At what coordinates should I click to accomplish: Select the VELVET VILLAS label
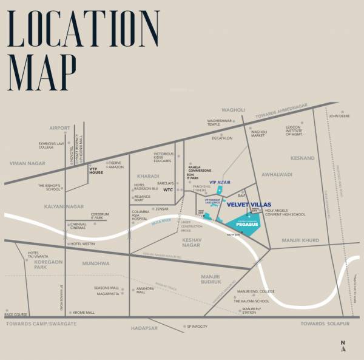click(x=249, y=205)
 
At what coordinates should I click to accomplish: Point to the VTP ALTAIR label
click(x=221, y=182)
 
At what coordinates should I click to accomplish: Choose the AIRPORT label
click(x=60, y=128)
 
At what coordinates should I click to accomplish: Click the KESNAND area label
click(x=303, y=158)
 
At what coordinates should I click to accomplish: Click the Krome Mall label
click(x=84, y=313)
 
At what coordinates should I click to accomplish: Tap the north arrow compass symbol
click(x=343, y=347)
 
